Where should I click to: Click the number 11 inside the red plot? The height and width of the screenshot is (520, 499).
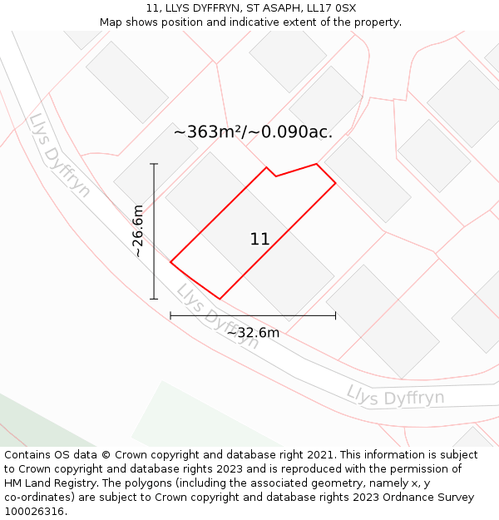click(259, 240)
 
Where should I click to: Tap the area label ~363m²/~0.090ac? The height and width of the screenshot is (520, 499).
click(253, 131)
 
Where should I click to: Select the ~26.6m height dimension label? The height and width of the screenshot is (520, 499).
click(138, 230)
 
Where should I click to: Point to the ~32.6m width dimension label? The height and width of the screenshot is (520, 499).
click(253, 333)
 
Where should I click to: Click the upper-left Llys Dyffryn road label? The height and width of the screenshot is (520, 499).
click(59, 156)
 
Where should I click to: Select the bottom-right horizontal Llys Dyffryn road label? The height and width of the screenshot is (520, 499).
click(395, 396)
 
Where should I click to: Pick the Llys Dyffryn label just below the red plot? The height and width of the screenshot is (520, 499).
click(217, 317)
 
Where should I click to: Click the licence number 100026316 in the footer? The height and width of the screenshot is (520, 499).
click(34, 511)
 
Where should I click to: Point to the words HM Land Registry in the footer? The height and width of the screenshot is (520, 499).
click(47, 483)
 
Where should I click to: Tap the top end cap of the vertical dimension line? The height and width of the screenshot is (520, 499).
click(154, 164)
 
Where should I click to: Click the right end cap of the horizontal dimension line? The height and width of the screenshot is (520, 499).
click(335, 315)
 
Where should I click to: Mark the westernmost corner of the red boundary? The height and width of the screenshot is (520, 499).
click(170, 262)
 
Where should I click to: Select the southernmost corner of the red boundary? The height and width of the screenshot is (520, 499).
click(220, 299)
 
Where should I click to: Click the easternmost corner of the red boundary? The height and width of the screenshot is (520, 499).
click(335, 182)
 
